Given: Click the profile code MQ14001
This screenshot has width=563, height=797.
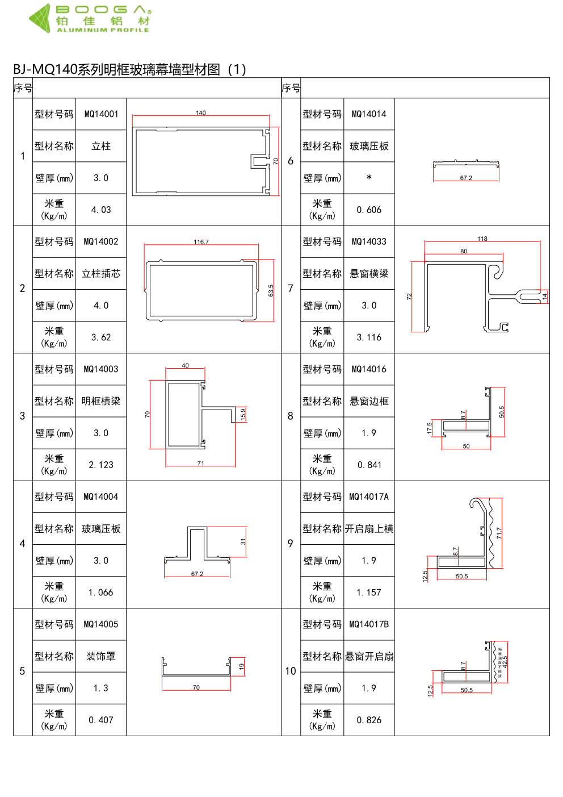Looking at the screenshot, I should point(101,114).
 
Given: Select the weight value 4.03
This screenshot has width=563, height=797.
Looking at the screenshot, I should point(101,210).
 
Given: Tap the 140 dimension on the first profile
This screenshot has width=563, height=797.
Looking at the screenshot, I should point(201,113).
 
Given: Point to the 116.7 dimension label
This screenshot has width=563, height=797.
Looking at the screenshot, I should point(201,242).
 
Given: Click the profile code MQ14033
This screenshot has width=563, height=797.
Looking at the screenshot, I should point(369,241).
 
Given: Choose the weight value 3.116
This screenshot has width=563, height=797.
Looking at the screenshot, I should point(369,337).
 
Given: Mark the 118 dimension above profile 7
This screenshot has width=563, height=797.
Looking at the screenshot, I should point(482,239).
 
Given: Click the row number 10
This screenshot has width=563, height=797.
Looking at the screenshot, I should point(291,671).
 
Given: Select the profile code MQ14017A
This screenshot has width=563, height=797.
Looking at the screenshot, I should point(369,496).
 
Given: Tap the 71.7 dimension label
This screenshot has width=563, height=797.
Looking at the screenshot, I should point(499,533).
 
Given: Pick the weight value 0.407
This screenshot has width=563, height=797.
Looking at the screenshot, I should point(101,720).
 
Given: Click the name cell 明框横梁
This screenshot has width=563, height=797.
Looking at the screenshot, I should point(101,401).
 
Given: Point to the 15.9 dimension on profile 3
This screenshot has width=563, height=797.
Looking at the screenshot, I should point(243,414).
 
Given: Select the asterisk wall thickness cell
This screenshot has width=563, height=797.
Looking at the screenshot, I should point(369,178).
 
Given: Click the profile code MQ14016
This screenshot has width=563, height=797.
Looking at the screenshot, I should point(369,369).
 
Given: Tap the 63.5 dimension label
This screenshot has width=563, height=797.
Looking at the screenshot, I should point(271,290).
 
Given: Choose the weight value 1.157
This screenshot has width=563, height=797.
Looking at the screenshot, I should point(369,592).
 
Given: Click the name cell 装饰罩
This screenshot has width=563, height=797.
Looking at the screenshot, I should point(101,656).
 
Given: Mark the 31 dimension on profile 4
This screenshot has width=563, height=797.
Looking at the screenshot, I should point(243,541).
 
